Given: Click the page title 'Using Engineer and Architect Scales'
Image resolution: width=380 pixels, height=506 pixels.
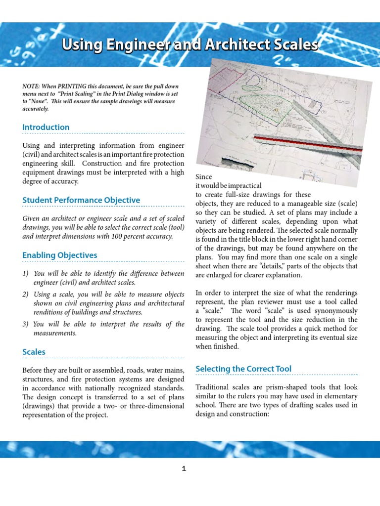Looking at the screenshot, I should pos(190,45).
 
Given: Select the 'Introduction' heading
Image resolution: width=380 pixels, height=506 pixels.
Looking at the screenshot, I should pos(46,127).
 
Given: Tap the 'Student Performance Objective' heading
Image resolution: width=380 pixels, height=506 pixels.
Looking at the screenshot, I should pos(81,200).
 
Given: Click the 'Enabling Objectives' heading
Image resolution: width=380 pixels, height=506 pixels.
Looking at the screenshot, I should pos(60,255).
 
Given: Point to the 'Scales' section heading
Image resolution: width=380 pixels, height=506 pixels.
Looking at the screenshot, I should pos(34,352).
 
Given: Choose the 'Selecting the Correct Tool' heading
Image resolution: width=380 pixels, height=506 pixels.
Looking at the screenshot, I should pos(243,369).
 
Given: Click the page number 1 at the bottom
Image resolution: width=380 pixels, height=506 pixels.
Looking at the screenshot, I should pos(184,469).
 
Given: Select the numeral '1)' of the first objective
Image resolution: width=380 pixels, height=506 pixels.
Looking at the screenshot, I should pos(26,274).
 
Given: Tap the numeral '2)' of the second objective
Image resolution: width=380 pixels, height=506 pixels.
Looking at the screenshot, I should pos(26,295).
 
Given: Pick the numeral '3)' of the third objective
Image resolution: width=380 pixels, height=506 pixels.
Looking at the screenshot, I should pos(26,324).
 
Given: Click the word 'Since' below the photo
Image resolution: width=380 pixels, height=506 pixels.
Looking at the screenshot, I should pos(204,177).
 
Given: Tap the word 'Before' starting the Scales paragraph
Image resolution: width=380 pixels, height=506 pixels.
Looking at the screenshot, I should pos(33,370).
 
